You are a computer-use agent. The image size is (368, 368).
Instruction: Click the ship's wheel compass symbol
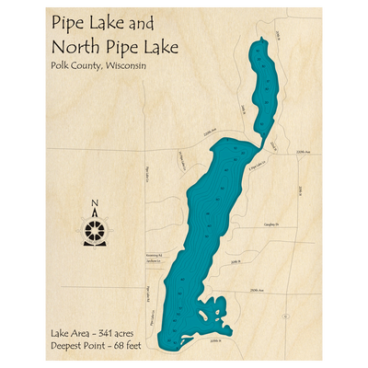(x=94, y=229)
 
